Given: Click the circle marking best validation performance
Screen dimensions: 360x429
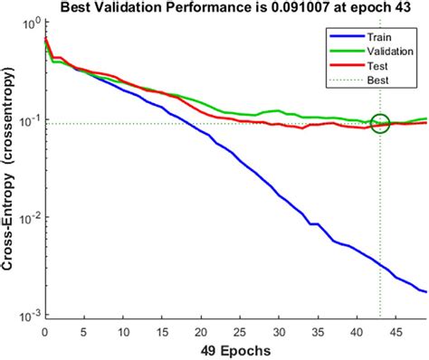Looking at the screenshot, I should point(380,124).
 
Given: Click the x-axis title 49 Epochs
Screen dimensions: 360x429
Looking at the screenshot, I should point(235,349).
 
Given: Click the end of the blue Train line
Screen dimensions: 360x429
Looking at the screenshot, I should point(426,291).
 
